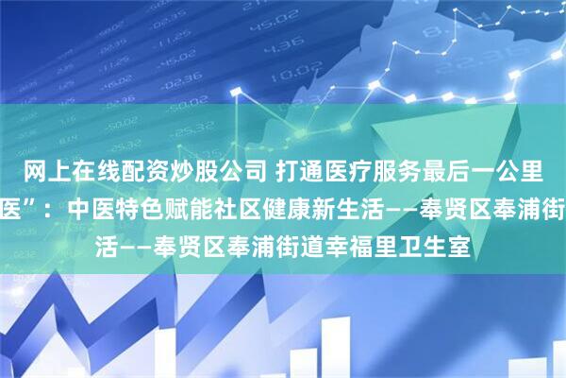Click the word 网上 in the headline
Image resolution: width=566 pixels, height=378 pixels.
pos(41,170)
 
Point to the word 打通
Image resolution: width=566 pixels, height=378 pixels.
pos(292,170)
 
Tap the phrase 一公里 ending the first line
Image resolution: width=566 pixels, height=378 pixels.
pos(501,170)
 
